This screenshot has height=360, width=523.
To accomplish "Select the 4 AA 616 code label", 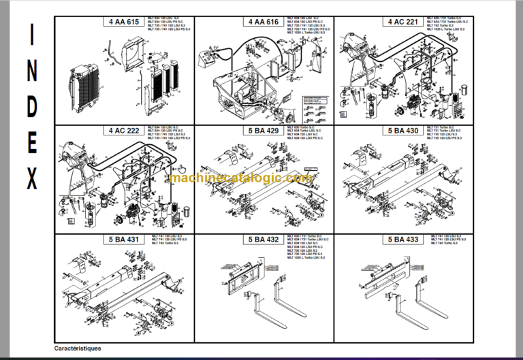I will pyautogui.click(x=263, y=22).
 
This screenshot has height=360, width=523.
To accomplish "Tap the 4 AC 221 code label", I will pyautogui.click(x=403, y=22).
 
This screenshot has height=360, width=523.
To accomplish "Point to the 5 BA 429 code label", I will pyautogui.click(x=263, y=131).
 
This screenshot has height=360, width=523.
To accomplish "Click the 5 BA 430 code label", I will pyautogui.click(x=403, y=131).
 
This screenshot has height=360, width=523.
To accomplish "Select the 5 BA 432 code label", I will pyautogui.click(x=263, y=240).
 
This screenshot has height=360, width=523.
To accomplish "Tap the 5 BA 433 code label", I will pyautogui.click(x=403, y=240).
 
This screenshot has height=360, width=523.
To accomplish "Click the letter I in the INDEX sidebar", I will pyautogui.click(x=32, y=38).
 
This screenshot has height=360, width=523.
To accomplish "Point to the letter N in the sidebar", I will pyautogui.click(x=32, y=73).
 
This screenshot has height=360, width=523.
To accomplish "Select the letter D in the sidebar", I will pyautogui.click(x=32, y=109).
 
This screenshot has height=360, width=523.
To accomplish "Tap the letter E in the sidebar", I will pyautogui.click(x=32, y=144).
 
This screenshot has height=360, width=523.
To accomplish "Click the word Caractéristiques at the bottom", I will pyautogui.click(x=78, y=348).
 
